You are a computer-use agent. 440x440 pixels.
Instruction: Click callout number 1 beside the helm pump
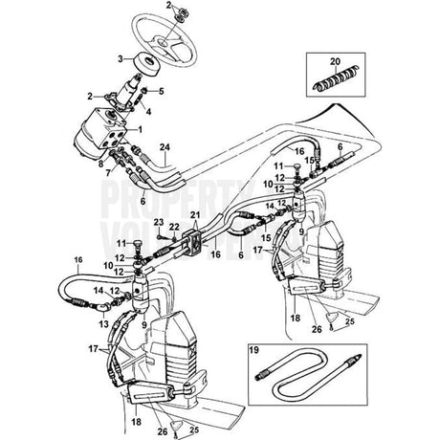tap(140, 128)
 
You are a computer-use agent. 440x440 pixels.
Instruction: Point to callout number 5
tap(162, 92)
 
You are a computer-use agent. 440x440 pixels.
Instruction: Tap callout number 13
tap(99, 322)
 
